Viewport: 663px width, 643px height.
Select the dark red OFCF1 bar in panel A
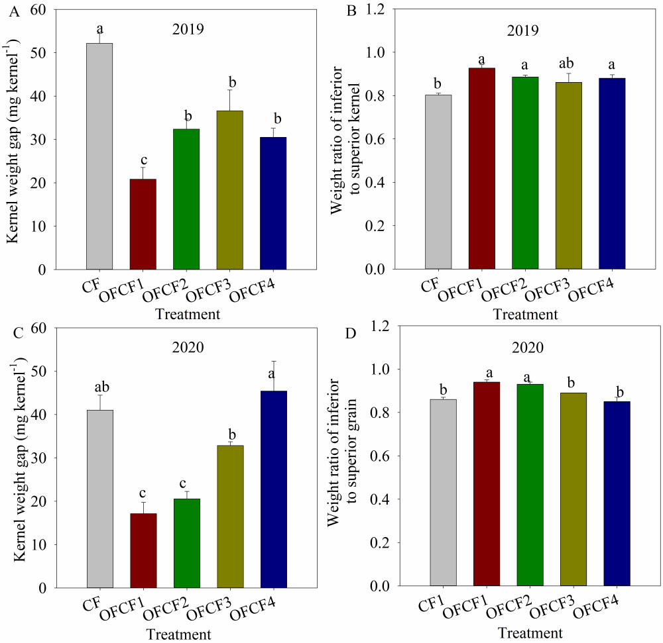[x=143, y=224]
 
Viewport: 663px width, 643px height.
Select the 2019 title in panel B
[x=520, y=30]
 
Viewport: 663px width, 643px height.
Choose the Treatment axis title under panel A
[x=188, y=315]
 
